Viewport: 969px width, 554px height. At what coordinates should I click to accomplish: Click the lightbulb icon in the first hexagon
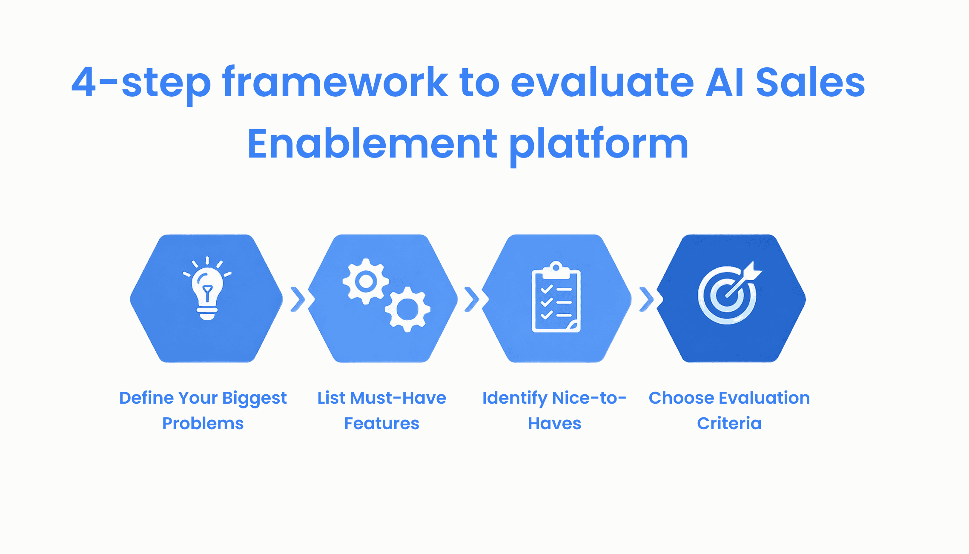(207, 290)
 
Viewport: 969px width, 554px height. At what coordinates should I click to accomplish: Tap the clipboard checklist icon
(556, 298)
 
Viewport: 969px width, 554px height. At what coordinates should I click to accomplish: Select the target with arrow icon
(728, 294)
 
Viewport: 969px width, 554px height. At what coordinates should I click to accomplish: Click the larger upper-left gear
(366, 281)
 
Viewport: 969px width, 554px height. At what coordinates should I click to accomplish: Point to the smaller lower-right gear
(407, 309)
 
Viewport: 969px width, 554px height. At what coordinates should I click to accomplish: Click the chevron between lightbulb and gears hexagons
(298, 299)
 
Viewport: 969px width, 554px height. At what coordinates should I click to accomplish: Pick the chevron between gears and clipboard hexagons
(472, 299)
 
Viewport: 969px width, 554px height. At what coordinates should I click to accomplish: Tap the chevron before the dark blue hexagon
(647, 299)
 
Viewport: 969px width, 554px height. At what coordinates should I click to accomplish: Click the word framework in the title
(335, 82)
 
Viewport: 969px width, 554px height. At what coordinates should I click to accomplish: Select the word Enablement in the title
(372, 144)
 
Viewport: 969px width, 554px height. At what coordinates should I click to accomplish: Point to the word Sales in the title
(810, 82)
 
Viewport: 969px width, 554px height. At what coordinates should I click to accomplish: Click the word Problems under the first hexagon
(203, 423)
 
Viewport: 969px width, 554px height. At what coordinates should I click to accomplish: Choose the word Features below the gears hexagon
(381, 423)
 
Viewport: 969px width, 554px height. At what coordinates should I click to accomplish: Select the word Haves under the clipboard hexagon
(554, 423)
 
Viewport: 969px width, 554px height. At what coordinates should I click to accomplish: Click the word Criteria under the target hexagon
(729, 423)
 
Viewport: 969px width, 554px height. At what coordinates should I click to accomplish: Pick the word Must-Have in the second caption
(398, 398)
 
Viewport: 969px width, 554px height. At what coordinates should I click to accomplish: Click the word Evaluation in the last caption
(764, 398)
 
